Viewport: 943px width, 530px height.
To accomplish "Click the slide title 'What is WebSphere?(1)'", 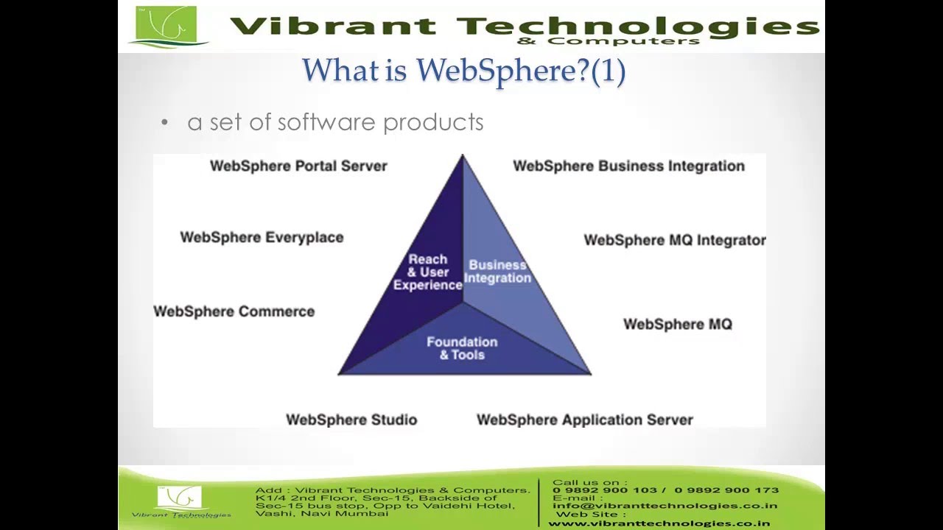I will coord(463,71).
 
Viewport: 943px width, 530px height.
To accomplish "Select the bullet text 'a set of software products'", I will coord(335,122).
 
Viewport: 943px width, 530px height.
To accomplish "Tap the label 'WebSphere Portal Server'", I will coord(298,166).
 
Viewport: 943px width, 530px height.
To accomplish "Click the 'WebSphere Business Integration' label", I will coord(628,166).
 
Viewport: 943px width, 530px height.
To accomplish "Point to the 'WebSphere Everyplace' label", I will coord(262,238).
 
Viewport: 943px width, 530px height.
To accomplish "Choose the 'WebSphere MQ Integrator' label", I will coord(674,241).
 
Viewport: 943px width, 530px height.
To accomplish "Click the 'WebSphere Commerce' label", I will coord(234,312).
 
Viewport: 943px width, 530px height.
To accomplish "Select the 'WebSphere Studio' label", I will coord(351,420).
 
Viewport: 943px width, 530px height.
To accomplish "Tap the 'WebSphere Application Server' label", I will coord(584,420).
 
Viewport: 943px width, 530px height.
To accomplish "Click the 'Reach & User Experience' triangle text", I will coord(427,272).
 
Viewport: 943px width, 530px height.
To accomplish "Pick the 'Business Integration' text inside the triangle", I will coord(497,272).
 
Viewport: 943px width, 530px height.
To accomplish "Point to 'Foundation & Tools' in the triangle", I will coord(462,348).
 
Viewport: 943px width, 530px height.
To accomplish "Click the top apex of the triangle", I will coord(463,157).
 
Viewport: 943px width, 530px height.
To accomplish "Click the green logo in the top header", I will coord(166,26).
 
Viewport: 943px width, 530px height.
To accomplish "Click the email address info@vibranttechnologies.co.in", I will coord(665,506).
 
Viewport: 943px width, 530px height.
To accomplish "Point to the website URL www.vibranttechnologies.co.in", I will coord(659,523).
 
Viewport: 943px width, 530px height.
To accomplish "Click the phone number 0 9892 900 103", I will coord(604,490).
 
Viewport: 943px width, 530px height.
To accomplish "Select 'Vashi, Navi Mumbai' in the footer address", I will coord(321,513).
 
